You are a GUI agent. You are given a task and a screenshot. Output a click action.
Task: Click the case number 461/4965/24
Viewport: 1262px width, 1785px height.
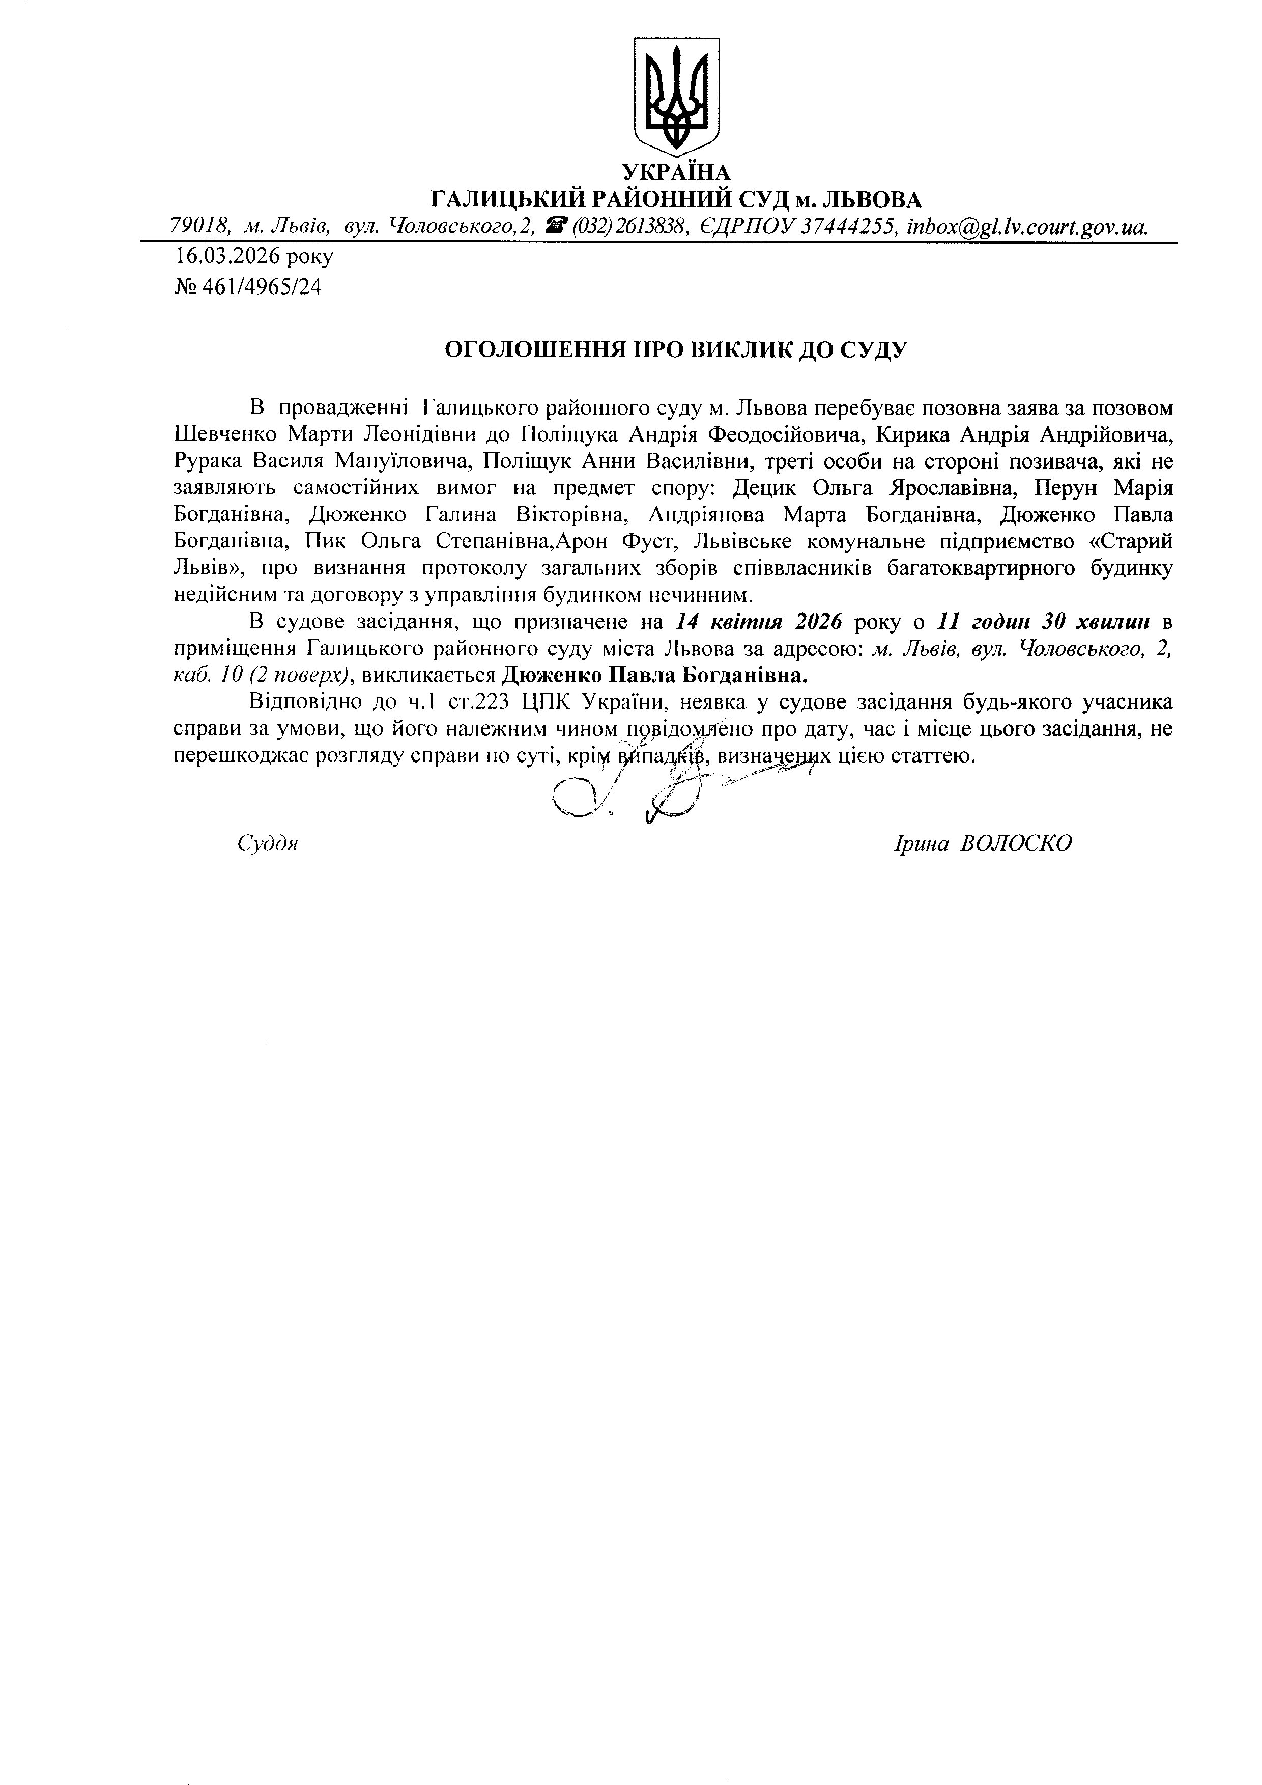pyautogui.click(x=261, y=287)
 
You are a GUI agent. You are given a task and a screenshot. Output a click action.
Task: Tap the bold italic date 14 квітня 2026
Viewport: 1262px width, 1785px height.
pyautogui.click(x=760, y=622)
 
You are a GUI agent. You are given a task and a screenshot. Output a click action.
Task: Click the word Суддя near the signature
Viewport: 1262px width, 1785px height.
pyautogui.click(x=268, y=843)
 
